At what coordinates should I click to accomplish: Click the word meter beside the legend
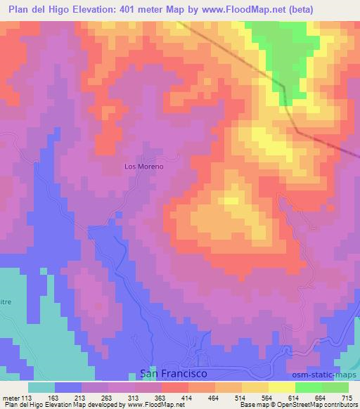(x=10, y=398)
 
